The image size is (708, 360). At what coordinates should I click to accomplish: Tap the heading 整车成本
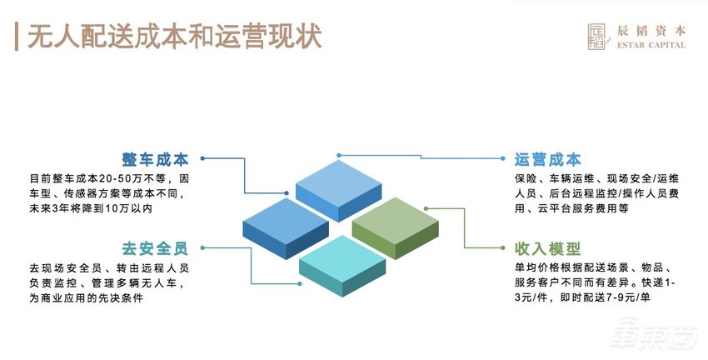(156, 159)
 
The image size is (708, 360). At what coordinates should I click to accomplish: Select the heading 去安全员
(156, 247)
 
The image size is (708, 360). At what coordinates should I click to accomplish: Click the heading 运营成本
(547, 159)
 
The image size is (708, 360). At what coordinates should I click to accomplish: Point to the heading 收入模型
(547, 247)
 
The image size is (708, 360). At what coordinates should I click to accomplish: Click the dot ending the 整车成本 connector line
(203, 159)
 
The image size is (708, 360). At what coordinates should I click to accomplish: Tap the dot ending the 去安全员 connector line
(202, 247)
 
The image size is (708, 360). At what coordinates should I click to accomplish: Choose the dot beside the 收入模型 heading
(504, 247)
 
